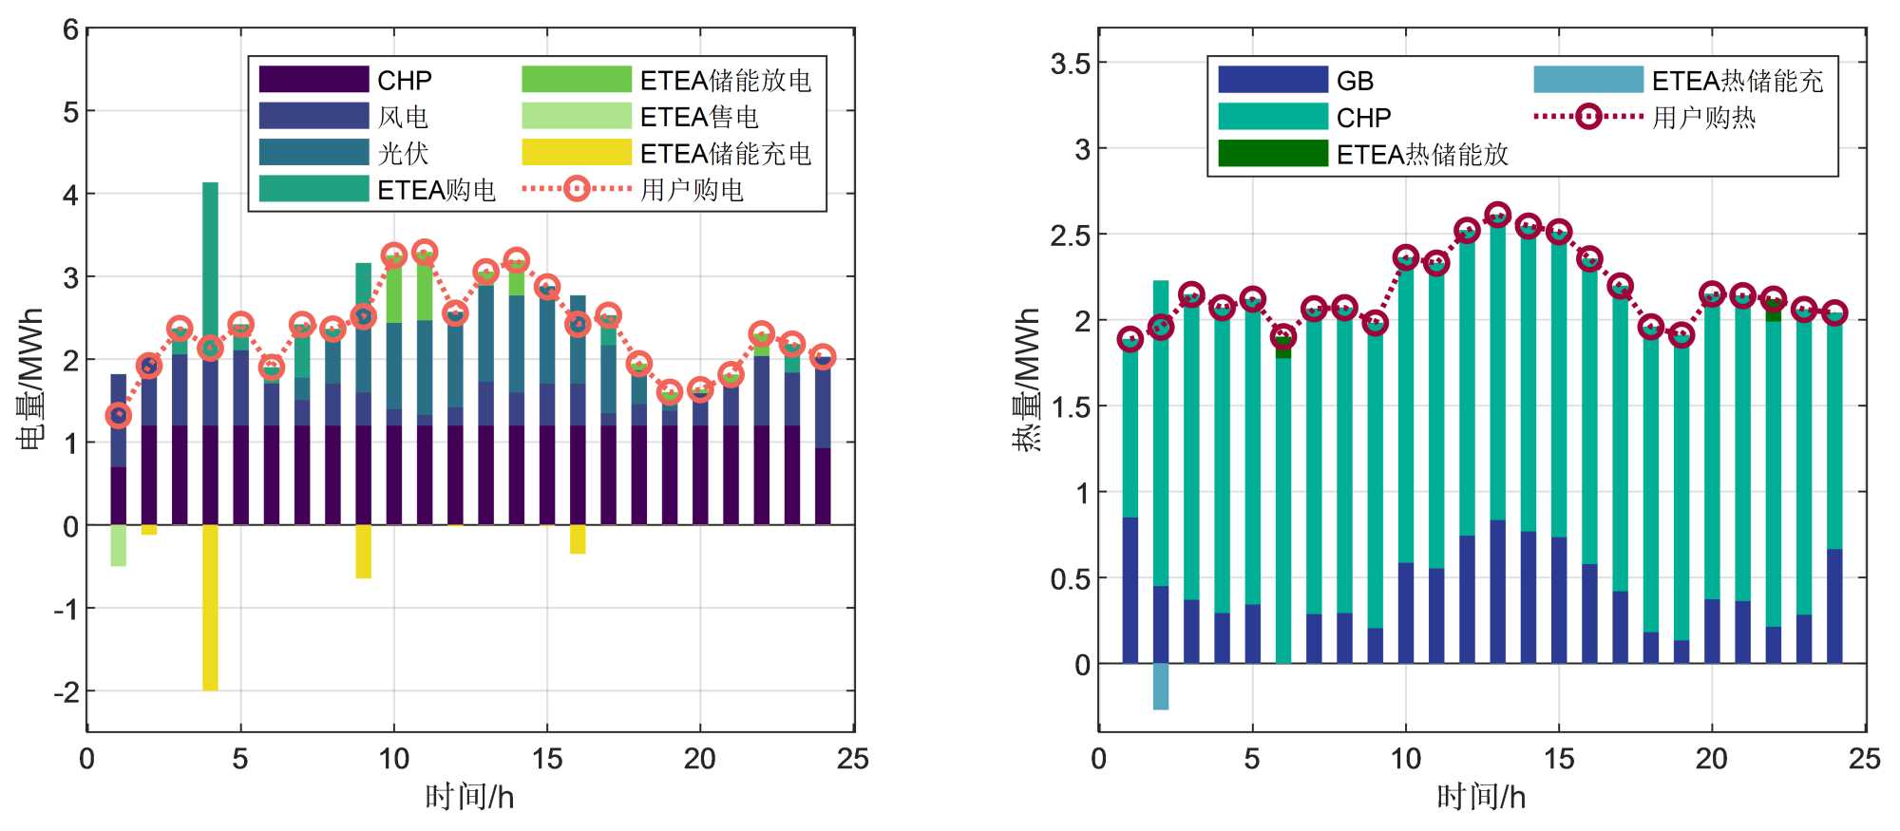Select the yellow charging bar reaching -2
click(x=210, y=608)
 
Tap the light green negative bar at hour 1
click(x=118, y=545)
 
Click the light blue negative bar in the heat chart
click(x=1160, y=686)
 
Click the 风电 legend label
click(x=403, y=117)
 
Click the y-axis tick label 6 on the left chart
click(x=70, y=29)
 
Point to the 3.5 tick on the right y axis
click(x=1070, y=64)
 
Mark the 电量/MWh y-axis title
click(x=30, y=378)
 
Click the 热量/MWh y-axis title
click(x=1028, y=378)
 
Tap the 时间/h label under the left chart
click(x=469, y=797)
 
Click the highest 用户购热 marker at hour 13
click(x=1498, y=215)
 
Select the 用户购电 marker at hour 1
click(x=118, y=415)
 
